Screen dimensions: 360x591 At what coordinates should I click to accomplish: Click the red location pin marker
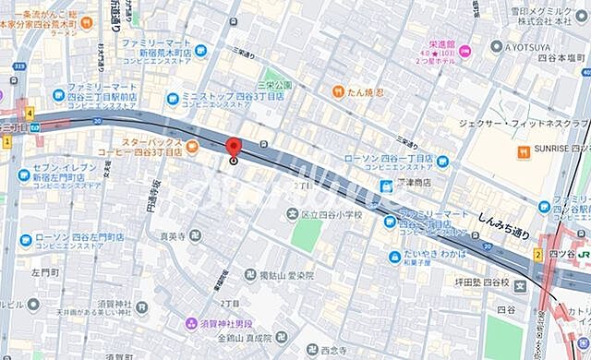click(233, 148)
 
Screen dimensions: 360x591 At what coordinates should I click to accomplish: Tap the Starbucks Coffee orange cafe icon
click(192, 146)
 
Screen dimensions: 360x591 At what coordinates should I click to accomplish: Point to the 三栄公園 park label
click(275, 85)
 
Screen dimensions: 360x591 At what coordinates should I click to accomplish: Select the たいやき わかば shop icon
click(394, 255)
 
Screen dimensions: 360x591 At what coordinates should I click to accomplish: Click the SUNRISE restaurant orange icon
click(523, 150)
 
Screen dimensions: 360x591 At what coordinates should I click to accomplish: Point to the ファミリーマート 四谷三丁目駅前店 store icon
click(56, 94)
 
